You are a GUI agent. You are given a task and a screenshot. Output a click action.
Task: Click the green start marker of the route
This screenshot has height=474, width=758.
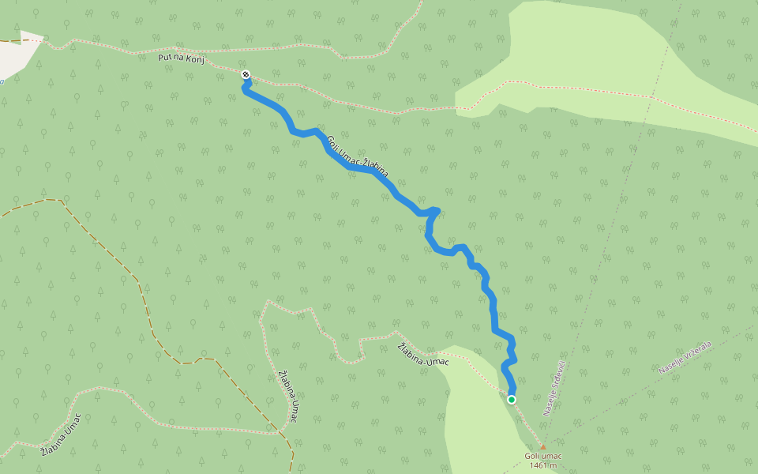(x=512, y=400)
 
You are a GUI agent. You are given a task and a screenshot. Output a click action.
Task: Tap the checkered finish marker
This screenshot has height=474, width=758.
(x=246, y=74)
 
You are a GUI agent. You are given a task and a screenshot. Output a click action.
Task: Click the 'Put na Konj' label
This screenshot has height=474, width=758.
(x=181, y=58)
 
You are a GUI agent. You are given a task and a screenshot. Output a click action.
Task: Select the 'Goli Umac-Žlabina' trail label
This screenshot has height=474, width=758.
(x=358, y=155)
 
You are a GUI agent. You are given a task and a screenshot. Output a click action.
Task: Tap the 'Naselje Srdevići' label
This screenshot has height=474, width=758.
(x=555, y=388)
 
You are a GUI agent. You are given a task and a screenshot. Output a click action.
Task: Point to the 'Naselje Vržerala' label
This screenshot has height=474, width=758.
(x=685, y=357)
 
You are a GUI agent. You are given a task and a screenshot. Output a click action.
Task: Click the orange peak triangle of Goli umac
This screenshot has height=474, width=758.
(x=542, y=447)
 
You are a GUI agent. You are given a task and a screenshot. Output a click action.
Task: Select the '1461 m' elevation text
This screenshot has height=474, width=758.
(x=543, y=465)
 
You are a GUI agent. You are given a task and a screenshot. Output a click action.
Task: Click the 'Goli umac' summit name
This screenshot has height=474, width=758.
(x=543, y=456)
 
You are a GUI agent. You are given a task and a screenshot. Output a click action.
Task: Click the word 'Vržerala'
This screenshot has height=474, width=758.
(x=697, y=351)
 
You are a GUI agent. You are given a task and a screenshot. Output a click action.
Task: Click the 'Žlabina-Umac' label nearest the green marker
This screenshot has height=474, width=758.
(x=423, y=355)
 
